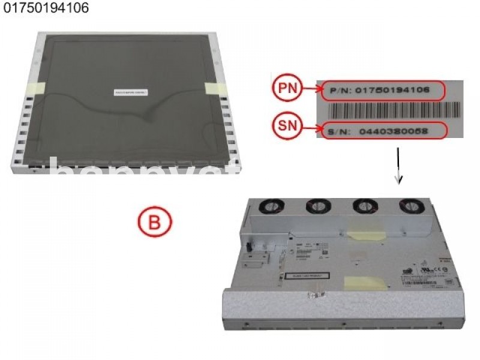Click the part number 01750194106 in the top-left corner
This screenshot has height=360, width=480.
point(46,10)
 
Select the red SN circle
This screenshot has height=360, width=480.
point(287,127)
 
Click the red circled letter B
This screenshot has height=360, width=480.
point(154,222)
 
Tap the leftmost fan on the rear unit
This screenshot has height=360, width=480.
point(269,205)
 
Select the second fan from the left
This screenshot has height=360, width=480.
point(316,206)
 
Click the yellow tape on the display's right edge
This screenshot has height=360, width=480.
point(213,88)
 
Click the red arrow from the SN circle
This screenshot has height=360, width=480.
point(311,127)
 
